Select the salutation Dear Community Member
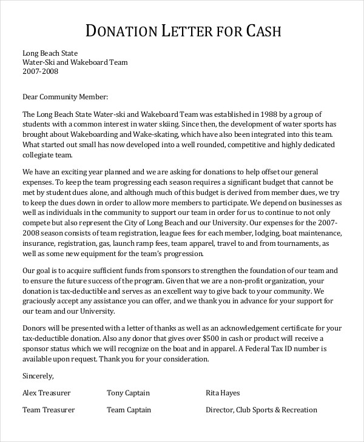[65, 96]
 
